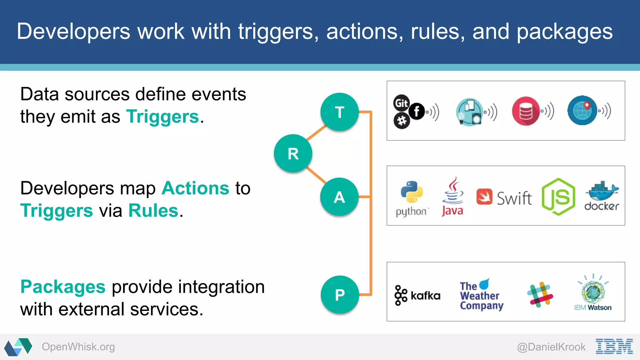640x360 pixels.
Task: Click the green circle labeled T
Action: point(339,112)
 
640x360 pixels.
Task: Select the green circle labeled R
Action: point(293,153)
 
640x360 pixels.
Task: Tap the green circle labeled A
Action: point(339,197)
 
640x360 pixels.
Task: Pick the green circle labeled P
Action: point(340,295)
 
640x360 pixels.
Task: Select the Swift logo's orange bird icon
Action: point(484,197)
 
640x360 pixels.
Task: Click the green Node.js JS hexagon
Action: point(558,197)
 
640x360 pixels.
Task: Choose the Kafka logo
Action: point(417,295)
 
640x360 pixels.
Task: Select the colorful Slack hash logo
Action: point(540,294)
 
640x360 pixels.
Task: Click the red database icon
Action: point(526,111)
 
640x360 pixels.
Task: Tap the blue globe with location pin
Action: point(582,111)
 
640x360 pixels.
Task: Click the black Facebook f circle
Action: point(417,111)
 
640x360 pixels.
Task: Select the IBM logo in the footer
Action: point(614,346)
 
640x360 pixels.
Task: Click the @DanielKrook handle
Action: point(551,347)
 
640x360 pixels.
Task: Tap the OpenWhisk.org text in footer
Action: point(78,347)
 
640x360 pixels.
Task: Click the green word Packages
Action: point(63,287)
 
